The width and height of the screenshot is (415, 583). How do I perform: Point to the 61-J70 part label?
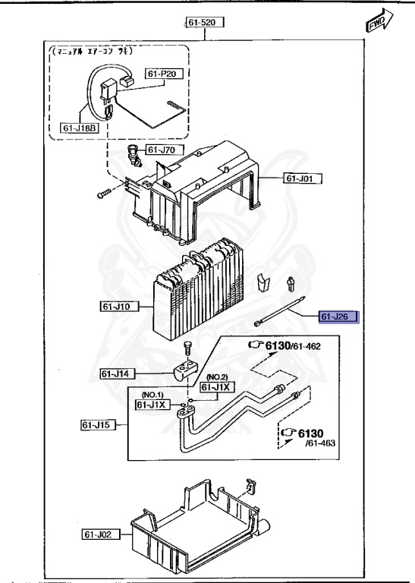click(162, 150)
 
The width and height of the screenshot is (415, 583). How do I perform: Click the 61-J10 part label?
click(117, 307)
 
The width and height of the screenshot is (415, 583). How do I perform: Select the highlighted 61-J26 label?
click(338, 317)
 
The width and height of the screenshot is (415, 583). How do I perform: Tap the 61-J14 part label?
click(118, 373)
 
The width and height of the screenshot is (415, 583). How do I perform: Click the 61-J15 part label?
click(98, 425)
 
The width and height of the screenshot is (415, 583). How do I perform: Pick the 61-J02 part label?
click(99, 535)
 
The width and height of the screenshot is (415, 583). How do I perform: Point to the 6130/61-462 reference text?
click(293, 347)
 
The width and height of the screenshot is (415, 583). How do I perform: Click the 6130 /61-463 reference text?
click(304, 436)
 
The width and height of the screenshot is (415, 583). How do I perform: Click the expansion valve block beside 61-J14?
click(184, 372)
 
